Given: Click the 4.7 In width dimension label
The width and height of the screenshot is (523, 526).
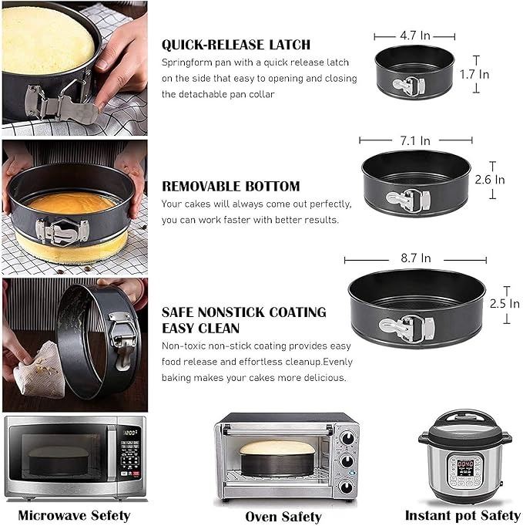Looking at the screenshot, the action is pos(415,35).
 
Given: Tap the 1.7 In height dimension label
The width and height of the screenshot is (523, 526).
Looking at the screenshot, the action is pos(474,74).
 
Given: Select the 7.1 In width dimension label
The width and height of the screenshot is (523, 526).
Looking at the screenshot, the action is pos(415,140).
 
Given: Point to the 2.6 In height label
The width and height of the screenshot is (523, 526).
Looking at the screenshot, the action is pos(490,180).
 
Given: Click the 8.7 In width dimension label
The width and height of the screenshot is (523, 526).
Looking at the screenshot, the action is pos(416,258).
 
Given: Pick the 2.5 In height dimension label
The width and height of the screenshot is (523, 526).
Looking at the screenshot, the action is pos(505,304).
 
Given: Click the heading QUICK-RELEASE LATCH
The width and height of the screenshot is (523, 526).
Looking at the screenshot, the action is pos(236,45).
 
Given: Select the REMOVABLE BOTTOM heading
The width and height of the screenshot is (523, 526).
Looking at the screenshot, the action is pos(231,186).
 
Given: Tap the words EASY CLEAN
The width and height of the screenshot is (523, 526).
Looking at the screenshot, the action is pos(201,328).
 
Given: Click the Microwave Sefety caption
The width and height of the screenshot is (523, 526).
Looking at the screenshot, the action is pos(74,515).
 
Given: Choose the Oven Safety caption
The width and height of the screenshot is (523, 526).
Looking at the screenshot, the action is pos(283,517).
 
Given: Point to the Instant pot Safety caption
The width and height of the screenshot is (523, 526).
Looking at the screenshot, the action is pos(462,515).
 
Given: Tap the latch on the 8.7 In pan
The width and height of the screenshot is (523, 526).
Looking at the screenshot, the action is pos(407,328).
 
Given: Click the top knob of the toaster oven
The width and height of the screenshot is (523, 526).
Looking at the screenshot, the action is pos(347,437).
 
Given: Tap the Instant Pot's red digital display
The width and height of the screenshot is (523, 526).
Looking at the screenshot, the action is pos(465,464).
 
